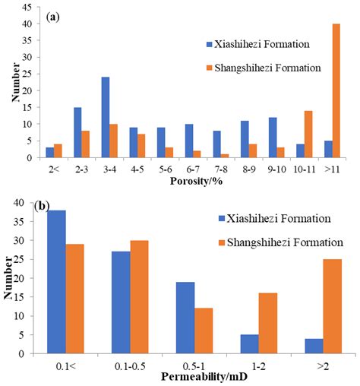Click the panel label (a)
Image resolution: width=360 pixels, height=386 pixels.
tap(54, 16)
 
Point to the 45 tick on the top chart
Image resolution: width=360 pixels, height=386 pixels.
tap(27, 8)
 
